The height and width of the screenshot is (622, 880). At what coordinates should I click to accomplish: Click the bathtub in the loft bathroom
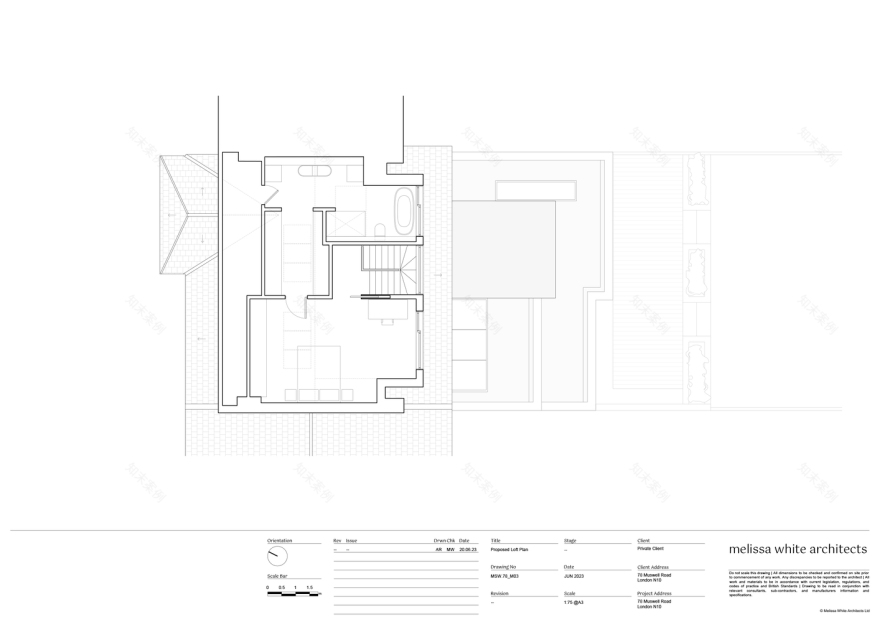tap(403, 208)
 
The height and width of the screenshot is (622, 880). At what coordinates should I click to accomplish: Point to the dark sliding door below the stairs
tap(376, 296)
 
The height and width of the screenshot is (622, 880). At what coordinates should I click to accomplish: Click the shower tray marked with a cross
tap(343, 221)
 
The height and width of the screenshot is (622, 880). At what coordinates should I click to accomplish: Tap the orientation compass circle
tap(277, 556)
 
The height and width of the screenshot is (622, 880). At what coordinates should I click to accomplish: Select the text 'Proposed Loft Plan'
tap(510, 550)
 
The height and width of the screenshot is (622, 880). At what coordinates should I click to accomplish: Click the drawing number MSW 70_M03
tap(505, 577)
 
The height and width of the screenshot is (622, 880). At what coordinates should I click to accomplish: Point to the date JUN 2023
tap(575, 577)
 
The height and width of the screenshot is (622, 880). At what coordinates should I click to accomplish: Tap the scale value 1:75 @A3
tap(574, 603)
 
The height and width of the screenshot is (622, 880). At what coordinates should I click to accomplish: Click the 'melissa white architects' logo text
tap(797, 549)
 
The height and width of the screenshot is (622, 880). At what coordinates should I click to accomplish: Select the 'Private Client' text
tap(650, 549)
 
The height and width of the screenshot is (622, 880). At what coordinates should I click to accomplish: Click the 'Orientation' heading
tap(280, 540)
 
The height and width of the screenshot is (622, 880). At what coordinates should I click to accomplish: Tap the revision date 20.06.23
tap(468, 550)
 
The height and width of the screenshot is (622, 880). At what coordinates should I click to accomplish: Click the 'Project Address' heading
tap(654, 593)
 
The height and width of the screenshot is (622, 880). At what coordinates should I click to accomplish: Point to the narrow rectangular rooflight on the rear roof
tap(536, 190)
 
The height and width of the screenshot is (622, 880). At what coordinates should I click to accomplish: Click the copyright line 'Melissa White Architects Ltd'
tap(843, 611)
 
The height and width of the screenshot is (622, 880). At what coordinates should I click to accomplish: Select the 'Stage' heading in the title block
tap(570, 540)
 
